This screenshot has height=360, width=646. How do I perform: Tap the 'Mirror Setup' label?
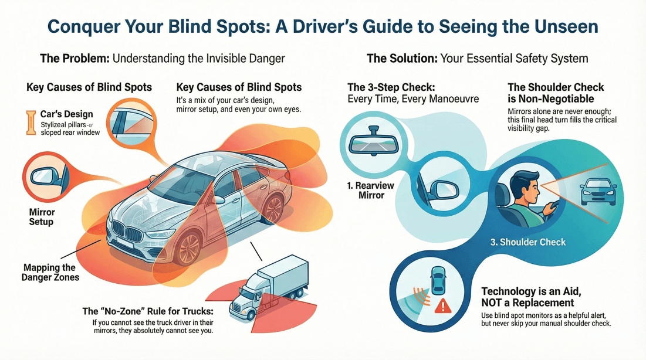point(42,216)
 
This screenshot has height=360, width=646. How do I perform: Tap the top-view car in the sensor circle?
point(438,281)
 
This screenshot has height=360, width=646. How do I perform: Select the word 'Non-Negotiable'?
point(550,99)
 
